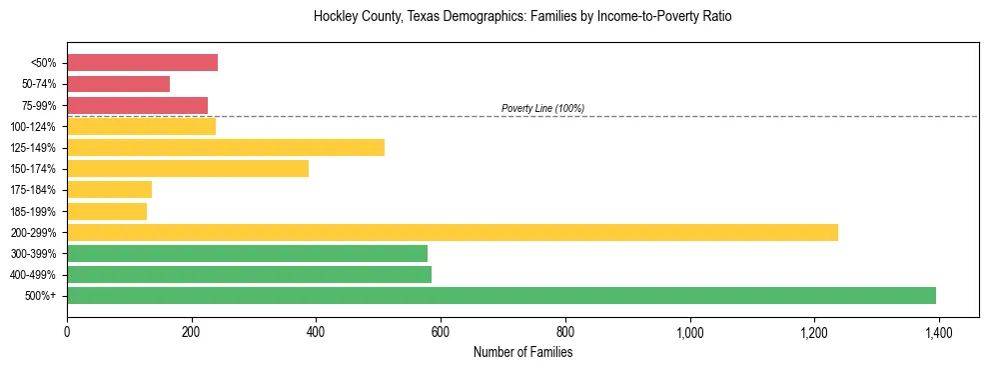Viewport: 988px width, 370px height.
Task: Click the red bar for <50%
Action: (142, 63)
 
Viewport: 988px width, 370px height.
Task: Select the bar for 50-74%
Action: (118, 84)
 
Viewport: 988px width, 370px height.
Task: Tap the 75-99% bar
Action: (137, 105)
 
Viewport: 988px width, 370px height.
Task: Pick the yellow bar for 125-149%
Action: (226, 148)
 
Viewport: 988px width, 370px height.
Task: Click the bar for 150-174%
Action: (188, 169)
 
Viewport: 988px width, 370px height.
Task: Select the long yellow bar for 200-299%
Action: (453, 232)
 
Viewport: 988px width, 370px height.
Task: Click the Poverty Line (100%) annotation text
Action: (542, 108)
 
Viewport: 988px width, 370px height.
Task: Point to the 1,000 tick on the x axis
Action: (689, 333)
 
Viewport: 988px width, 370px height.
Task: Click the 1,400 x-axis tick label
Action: (938, 333)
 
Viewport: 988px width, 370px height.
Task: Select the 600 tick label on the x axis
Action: (441, 333)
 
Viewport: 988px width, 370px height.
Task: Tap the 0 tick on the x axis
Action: (67, 333)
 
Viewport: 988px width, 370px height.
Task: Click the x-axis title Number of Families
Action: (522, 352)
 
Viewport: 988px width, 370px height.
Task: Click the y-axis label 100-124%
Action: (33, 127)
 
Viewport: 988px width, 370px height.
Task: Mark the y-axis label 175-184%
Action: (33, 190)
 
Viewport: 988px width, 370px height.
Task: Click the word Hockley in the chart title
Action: (335, 17)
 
